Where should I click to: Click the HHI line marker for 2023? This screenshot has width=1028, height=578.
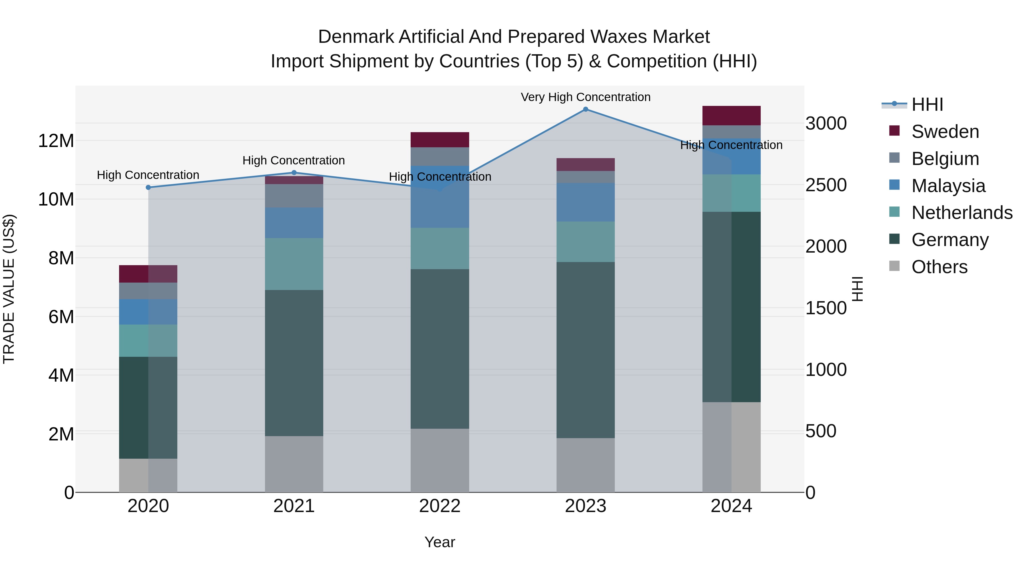click(x=585, y=109)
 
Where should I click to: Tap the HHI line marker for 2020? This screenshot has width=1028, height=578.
click(x=148, y=188)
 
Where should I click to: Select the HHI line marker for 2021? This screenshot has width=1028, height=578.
click(x=294, y=173)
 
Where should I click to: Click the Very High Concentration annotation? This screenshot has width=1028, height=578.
click(x=585, y=97)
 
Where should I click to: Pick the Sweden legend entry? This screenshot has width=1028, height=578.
click(x=945, y=132)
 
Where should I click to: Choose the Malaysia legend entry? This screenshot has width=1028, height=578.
click(x=948, y=186)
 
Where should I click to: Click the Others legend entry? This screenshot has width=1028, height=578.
click(x=939, y=267)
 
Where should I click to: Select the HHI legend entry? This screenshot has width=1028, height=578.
click(x=927, y=104)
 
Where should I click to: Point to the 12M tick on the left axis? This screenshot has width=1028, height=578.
click(x=56, y=141)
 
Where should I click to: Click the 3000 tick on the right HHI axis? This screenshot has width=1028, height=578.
click(x=826, y=123)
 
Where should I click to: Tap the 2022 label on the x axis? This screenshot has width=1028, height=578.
click(x=440, y=506)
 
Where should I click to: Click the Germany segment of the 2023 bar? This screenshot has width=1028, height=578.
click(x=585, y=350)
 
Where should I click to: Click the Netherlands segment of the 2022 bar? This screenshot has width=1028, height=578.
click(x=440, y=249)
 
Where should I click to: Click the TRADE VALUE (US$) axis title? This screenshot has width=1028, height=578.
click(x=9, y=289)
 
